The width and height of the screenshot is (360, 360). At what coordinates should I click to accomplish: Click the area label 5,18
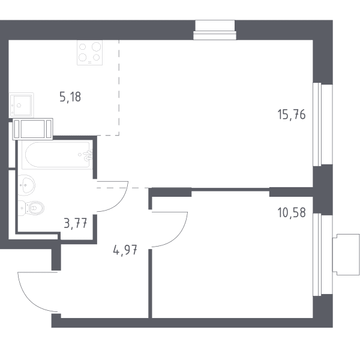70,97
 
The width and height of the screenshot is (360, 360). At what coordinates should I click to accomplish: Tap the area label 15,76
292,115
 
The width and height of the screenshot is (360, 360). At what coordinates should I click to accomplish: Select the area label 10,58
292,212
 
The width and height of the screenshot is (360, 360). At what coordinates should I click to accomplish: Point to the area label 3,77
76,223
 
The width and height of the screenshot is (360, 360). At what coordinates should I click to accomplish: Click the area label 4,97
125,250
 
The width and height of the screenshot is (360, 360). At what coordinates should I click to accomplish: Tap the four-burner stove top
89,53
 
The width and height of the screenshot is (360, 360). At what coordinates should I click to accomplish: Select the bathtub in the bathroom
57,155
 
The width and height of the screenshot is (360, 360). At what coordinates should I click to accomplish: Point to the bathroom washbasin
26,185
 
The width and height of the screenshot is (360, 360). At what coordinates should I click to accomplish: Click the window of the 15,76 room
323,124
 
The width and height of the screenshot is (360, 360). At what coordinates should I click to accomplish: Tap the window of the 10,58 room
323,254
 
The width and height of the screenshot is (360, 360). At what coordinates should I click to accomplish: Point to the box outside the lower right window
346,254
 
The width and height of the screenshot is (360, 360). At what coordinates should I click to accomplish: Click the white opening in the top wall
215,30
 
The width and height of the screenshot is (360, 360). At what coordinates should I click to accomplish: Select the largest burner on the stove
97,47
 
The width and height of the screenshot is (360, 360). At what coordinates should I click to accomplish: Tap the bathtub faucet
88,155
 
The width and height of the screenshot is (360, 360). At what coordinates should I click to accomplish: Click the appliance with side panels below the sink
33,129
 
